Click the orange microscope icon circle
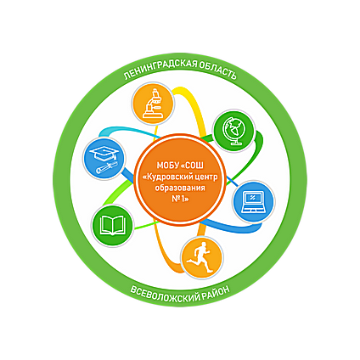click(x=154, y=104)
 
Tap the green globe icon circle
click(x=234, y=131)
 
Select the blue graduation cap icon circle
click(x=104, y=158)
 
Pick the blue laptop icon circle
click(x=254, y=202)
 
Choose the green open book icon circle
click(x=112, y=226)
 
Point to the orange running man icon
click(x=202, y=258)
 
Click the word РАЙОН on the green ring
click(x=217, y=292)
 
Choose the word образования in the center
click(x=180, y=188)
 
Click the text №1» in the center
click(x=180, y=199)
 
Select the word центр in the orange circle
click(x=207, y=177)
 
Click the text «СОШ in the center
click(x=193, y=165)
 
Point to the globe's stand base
click(x=236, y=143)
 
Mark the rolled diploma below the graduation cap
click(x=107, y=167)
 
